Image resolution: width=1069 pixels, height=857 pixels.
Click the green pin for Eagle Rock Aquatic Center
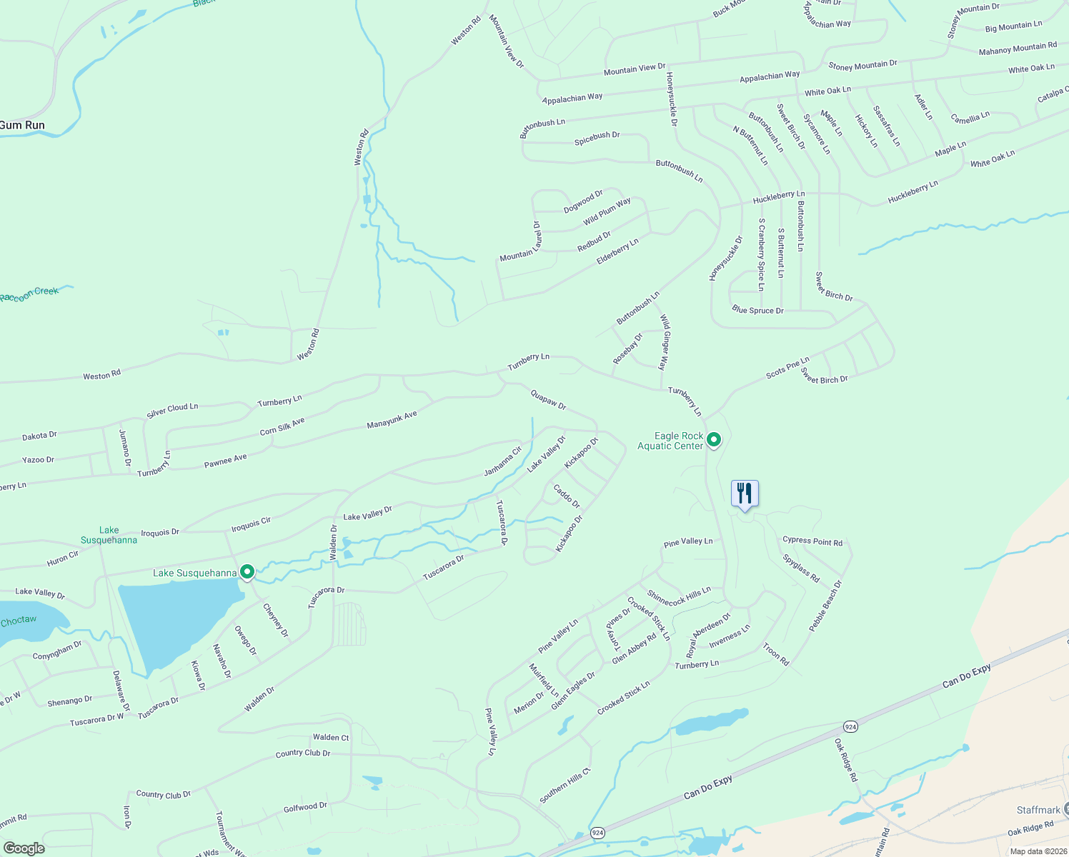[714, 440]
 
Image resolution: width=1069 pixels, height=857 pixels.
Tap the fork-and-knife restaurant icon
[744, 493]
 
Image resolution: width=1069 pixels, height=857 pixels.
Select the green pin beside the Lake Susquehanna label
[247, 572]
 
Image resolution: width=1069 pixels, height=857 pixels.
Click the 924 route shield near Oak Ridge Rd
[850, 726]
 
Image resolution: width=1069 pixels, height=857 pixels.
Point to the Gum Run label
[22, 125]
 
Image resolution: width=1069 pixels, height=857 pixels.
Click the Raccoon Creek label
[29, 294]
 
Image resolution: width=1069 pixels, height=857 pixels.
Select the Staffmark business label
[1038, 810]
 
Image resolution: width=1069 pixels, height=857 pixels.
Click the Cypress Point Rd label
[812, 541]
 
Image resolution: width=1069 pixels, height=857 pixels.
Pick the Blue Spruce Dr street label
[757, 311]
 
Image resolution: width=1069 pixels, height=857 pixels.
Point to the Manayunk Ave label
[392, 420]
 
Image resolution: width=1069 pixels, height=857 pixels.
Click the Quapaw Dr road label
[548, 400]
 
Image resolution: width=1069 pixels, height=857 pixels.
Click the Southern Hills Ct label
[565, 786]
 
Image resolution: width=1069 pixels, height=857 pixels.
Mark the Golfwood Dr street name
[305, 808]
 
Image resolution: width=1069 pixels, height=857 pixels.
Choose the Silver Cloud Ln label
[172, 410]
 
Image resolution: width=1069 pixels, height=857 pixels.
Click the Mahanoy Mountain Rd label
[1018, 49]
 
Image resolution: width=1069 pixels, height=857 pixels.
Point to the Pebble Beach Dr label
[825, 606]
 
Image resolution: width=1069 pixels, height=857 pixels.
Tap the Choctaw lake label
[19, 620]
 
